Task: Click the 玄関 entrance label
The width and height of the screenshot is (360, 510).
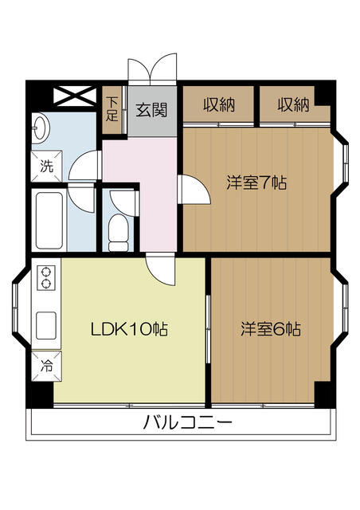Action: [x=151, y=110]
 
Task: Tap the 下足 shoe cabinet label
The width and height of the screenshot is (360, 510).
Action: [x=114, y=108]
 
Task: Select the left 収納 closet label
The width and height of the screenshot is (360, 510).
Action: [x=218, y=104]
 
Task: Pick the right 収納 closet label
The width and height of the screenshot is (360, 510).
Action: [x=293, y=104]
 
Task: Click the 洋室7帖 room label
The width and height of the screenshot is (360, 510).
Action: [x=256, y=182]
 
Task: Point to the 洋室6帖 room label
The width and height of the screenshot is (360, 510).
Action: [x=271, y=328]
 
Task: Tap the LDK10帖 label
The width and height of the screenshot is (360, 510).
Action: [x=127, y=328]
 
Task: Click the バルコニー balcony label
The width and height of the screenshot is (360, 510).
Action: [x=188, y=422]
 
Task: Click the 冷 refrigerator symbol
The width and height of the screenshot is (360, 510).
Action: [x=46, y=367]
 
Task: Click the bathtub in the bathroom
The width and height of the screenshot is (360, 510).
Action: [x=49, y=218]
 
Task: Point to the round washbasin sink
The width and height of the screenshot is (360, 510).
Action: [x=42, y=127]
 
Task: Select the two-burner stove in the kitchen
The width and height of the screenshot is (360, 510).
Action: [x=45, y=277]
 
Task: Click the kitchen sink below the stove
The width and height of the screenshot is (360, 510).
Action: [x=46, y=322]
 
